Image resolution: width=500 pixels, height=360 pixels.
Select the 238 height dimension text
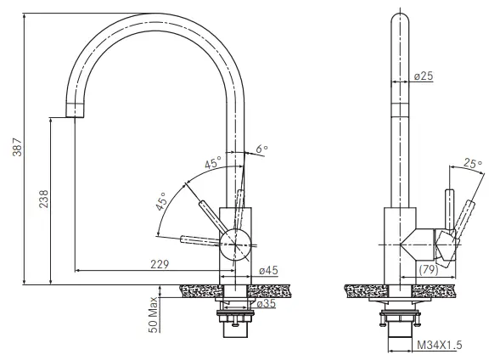pyautogui.click(x=44, y=199)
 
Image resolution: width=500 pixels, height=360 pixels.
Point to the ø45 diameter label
pyautogui.click(x=267, y=271)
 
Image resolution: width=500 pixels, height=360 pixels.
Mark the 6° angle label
pyautogui.click(x=261, y=149)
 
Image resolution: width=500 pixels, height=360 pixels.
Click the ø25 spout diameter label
pyautogui.click(x=424, y=76)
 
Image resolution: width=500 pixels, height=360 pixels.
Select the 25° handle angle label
pyautogui.click(x=473, y=163)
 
